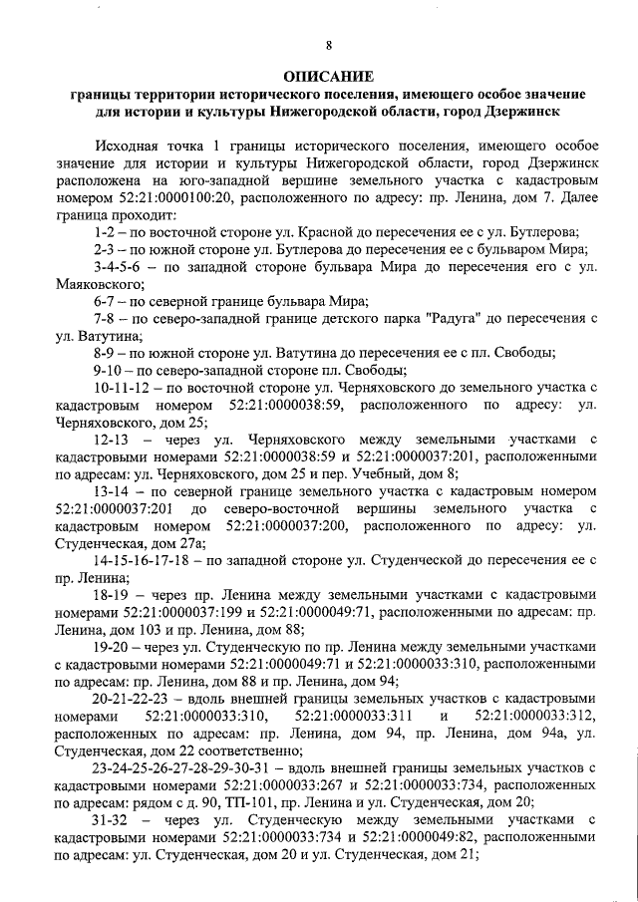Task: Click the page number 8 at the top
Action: coord(328,43)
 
